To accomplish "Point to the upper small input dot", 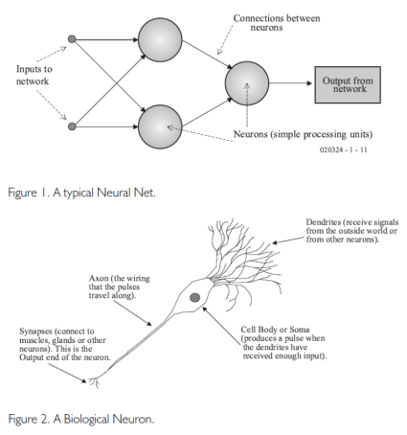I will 71,40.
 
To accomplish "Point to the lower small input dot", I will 71,125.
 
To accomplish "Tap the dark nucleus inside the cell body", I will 195,299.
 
